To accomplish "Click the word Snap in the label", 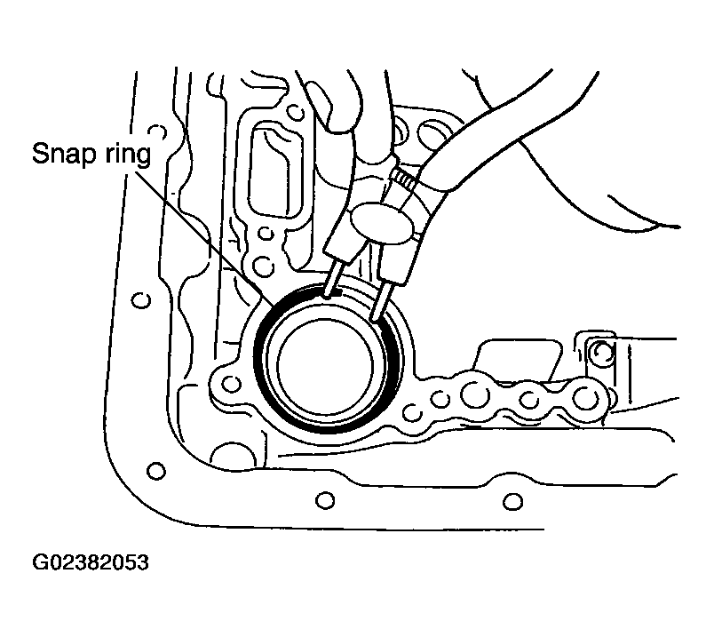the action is click(x=65, y=155).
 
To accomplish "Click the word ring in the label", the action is click(x=128, y=155).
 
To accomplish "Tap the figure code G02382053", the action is click(x=91, y=562).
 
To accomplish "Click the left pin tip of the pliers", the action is click(x=327, y=295).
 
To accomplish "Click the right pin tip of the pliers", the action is click(x=376, y=317).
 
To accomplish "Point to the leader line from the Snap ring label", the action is click(x=205, y=238).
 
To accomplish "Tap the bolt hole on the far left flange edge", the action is click(x=140, y=300).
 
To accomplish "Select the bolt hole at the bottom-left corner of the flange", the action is click(x=156, y=470).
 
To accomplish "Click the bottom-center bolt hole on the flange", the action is click(x=325, y=500).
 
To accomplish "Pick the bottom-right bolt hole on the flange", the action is click(x=512, y=502).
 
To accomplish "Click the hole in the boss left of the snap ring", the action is click(x=232, y=384).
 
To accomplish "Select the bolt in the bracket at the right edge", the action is click(x=604, y=351).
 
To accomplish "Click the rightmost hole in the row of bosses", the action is click(x=586, y=398).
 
